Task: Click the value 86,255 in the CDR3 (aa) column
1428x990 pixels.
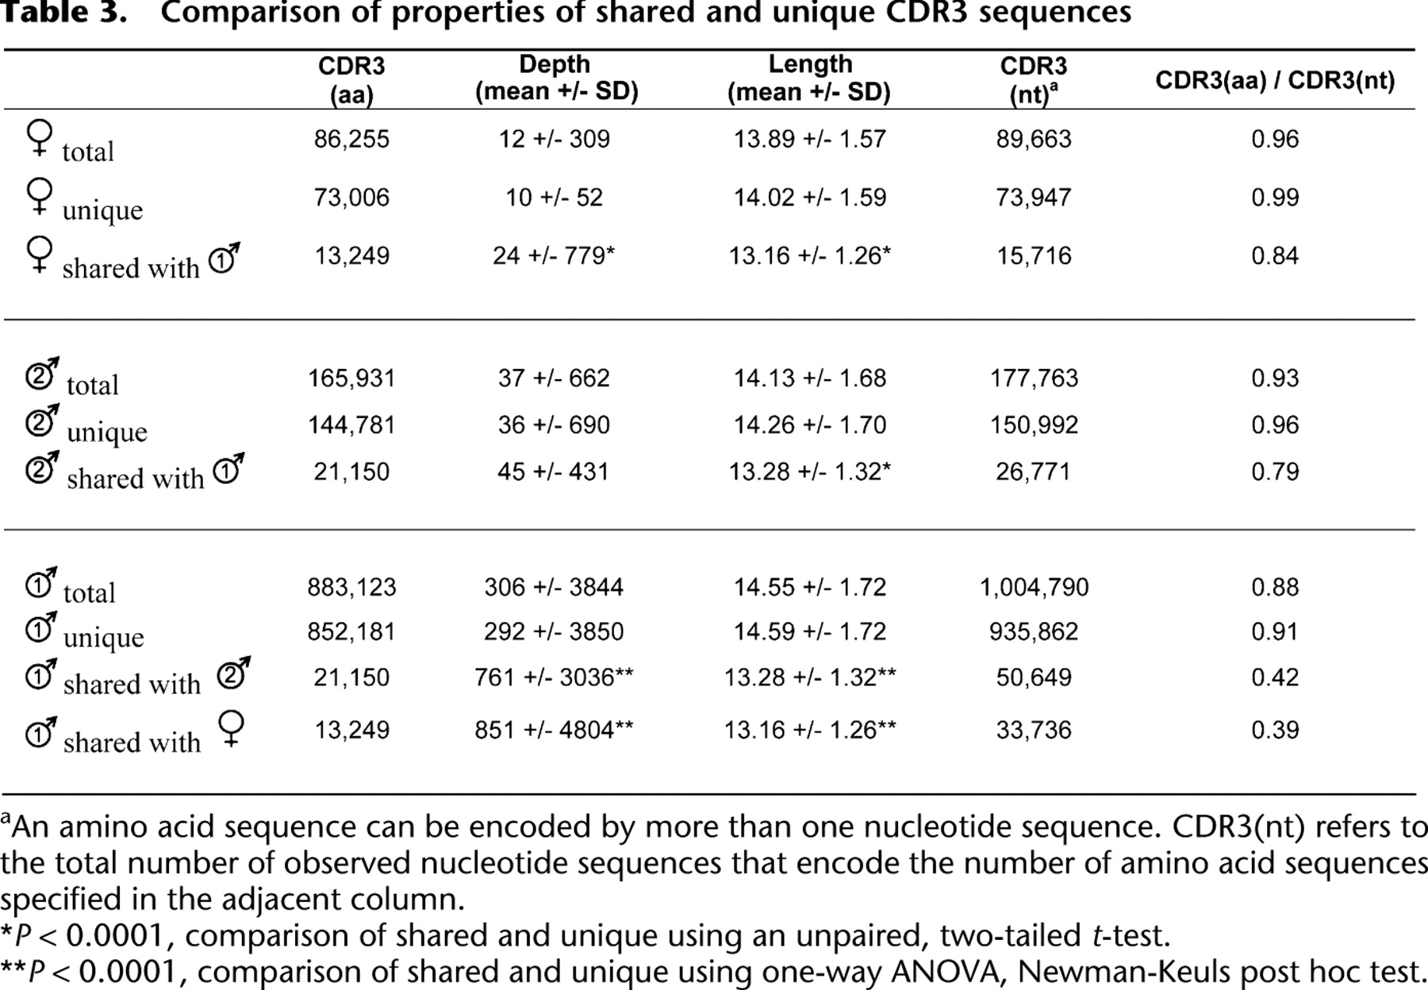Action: [351, 139]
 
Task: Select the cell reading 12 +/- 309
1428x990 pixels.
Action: [555, 139]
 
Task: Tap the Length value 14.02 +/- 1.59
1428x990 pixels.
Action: [810, 198]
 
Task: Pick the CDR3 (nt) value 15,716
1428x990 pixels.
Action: [1034, 255]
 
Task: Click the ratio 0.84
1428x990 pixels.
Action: [1275, 255]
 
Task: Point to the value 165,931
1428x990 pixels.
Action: [351, 378]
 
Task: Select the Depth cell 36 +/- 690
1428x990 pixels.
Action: [555, 424]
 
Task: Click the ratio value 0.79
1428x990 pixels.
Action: [1275, 471]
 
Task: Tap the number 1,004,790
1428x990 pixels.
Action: [1034, 587]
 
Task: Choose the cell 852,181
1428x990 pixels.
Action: [351, 631]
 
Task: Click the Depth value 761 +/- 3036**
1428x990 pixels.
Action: [554, 677]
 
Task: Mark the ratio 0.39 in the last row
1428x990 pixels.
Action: [1275, 730]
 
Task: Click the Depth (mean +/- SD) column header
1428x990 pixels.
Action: [557, 78]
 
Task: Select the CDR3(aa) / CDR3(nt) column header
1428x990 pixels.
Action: [1275, 80]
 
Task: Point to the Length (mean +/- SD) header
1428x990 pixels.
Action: [809, 78]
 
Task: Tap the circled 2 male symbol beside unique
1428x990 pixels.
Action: [42, 421]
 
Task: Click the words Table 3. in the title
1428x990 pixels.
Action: [63, 13]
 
